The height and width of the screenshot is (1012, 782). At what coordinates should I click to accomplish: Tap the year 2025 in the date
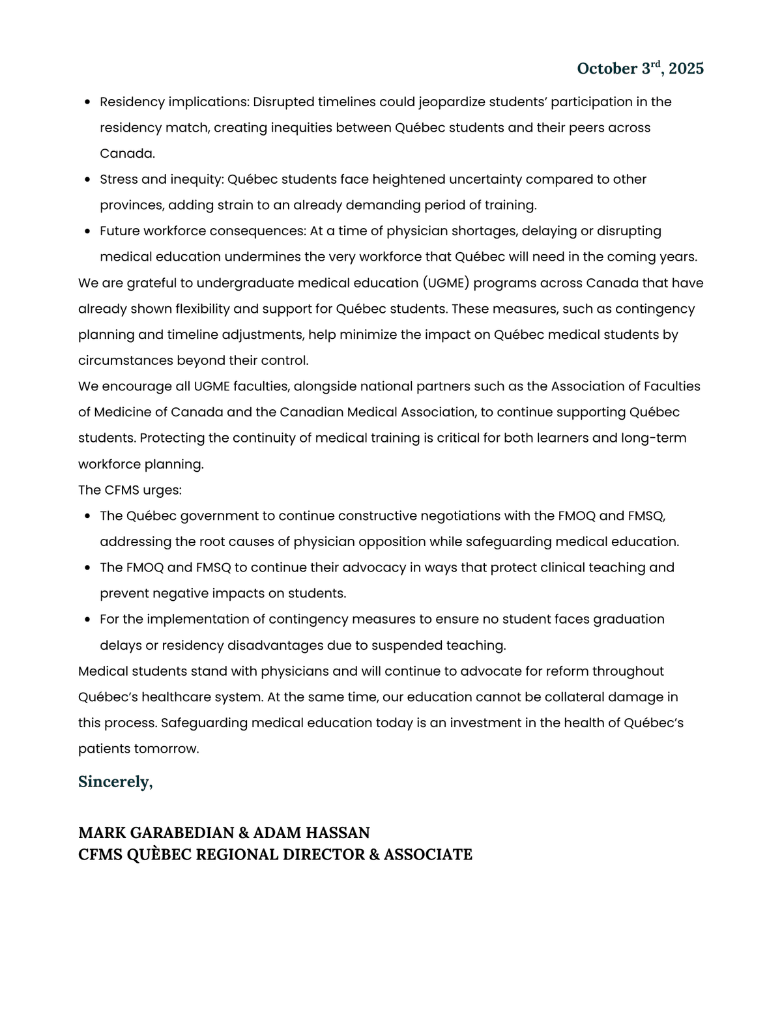[x=686, y=68]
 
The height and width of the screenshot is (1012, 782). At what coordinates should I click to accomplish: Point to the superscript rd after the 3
[x=656, y=64]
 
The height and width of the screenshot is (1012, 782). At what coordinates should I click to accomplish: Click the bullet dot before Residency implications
[x=87, y=102]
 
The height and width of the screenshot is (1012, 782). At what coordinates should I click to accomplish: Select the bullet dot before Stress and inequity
[x=87, y=180]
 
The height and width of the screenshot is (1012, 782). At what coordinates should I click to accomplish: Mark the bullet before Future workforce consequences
[x=87, y=231]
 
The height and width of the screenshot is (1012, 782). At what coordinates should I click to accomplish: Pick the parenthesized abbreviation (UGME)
[x=445, y=283]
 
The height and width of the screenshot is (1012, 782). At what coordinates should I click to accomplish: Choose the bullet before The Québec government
[x=87, y=516]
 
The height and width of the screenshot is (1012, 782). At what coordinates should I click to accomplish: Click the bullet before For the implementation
[x=87, y=620]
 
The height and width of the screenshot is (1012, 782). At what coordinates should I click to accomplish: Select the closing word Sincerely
[x=115, y=781]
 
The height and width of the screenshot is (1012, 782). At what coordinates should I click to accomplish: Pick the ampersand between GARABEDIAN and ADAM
[x=243, y=833]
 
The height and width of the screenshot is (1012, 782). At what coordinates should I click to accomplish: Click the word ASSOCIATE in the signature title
[x=428, y=854]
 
